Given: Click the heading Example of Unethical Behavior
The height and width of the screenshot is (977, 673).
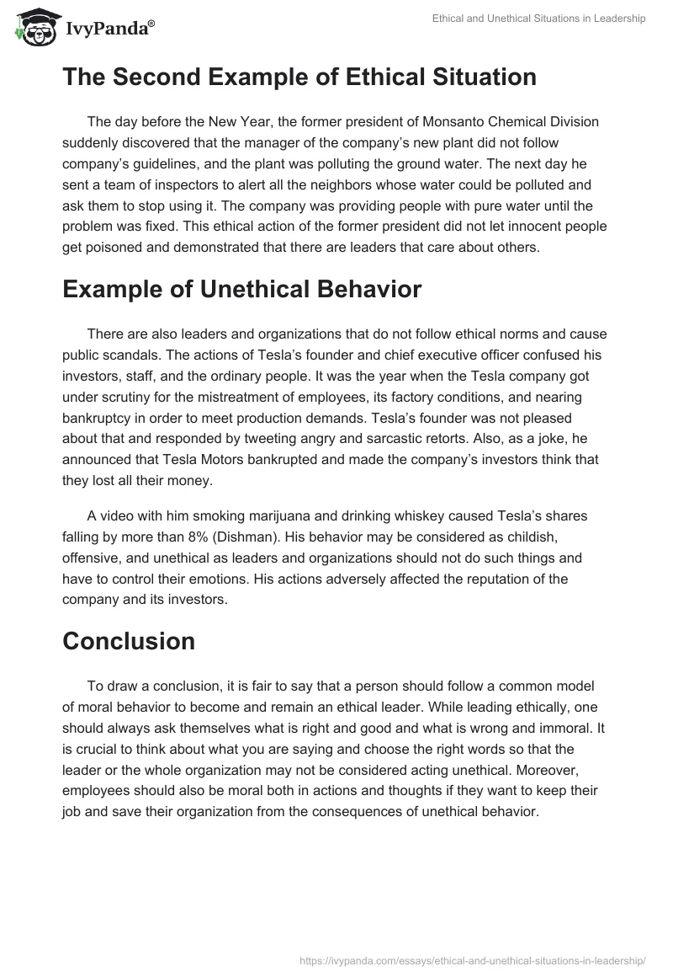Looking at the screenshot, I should tap(241, 289).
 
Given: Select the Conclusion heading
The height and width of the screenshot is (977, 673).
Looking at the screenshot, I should tap(129, 641).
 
